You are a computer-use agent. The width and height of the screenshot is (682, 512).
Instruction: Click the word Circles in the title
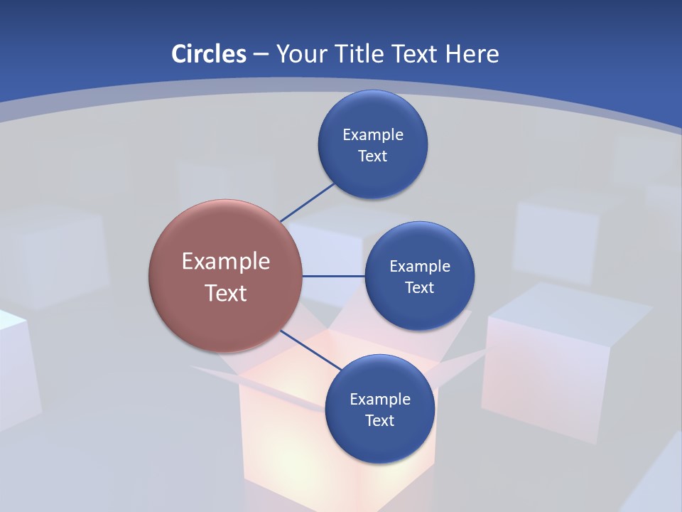tap(209, 53)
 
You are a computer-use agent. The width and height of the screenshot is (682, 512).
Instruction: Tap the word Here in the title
tap(472, 53)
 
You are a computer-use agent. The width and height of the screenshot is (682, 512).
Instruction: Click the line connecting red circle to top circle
tap(307, 202)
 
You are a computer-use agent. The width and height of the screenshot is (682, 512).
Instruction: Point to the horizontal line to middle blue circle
tap(333, 276)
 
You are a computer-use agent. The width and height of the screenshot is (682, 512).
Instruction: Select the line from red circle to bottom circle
tap(310, 349)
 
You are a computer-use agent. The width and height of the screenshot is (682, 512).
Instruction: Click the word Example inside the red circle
tap(225, 261)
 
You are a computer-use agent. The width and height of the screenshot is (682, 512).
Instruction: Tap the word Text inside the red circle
tap(225, 293)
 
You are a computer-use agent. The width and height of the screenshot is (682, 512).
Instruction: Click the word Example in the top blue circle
tap(373, 134)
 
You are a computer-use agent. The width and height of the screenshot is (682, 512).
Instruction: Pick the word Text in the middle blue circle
tap(419, 287)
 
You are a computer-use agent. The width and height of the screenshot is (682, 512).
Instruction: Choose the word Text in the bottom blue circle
tap(379, 420)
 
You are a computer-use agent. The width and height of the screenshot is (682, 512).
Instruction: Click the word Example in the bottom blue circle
tap(379, 399)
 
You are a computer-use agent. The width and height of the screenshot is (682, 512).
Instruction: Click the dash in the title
tap(260, 54)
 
